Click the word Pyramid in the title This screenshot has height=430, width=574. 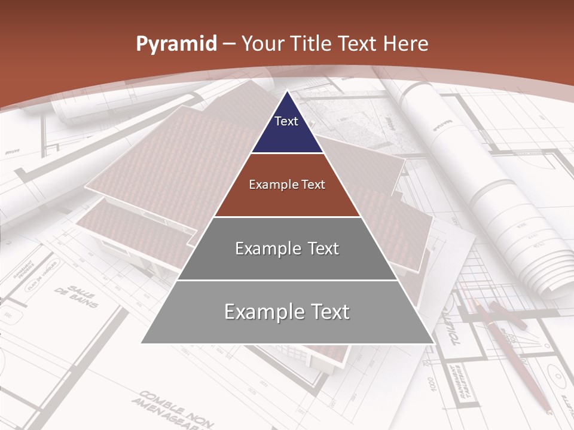[176, 44]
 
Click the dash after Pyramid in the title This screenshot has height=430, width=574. [228, 44]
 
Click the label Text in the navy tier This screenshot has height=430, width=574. [286, 121]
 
